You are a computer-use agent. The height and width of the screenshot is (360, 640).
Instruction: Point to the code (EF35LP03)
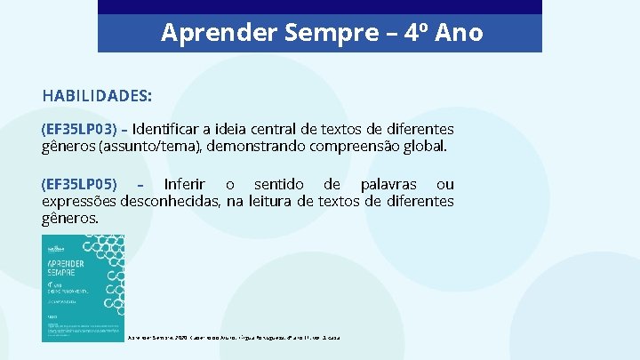tap(79, 129)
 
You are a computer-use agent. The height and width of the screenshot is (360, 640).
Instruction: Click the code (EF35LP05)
tap(79, 184)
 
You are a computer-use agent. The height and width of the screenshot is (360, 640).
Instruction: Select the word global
tap(423, 146)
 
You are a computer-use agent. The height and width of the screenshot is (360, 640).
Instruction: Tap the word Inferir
tap(186, 184)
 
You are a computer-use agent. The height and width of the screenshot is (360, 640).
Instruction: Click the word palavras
tap(388, 184)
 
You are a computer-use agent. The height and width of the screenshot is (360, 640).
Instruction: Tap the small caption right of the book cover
tap(235, 338)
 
